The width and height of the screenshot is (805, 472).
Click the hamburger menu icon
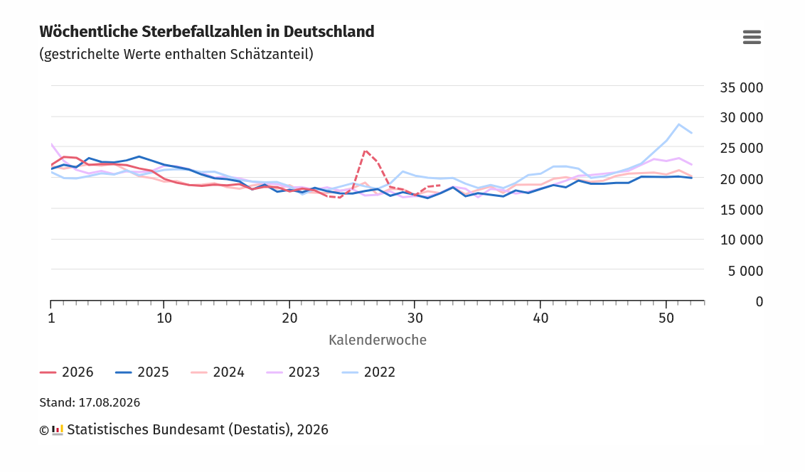coord(752,37)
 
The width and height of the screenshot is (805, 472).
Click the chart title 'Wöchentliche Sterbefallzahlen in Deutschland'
coord(207,32)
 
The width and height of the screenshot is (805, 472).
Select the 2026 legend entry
coord(67,372)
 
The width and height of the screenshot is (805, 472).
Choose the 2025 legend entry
coord(142,372)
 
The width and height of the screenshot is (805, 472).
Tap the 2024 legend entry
coord(218,372)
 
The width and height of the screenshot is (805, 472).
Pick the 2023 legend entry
coord(293,372)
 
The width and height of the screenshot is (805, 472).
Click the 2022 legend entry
coord(368,372)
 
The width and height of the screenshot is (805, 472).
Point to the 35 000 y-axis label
coord(741,87)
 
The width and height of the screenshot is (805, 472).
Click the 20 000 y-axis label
coord(741,179)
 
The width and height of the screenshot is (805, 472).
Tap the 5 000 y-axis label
coord(745,271)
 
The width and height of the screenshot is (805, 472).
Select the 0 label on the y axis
coord(759,301)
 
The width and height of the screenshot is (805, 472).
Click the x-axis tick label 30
coord(415,318)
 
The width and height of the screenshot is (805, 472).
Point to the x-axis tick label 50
coord(666,318)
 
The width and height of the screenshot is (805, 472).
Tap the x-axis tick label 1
coord(51,318)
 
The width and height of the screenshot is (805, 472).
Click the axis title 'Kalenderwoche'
coord(378,340)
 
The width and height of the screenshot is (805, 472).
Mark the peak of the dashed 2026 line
coord(365,151)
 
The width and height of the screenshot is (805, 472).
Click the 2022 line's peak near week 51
coord(678,124)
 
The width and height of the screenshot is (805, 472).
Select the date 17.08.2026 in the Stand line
coord(109,403)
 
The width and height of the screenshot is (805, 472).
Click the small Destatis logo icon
coord(58,430)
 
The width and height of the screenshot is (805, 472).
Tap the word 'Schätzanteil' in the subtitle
coord(271,55)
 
